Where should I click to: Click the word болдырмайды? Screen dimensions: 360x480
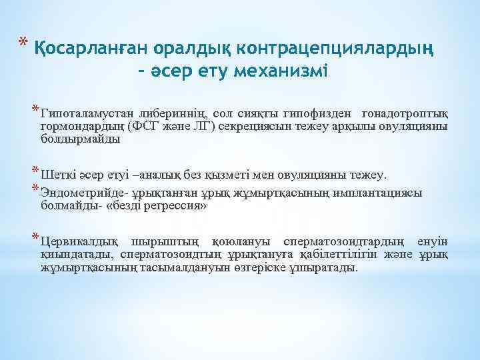[x=80, y=139]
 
